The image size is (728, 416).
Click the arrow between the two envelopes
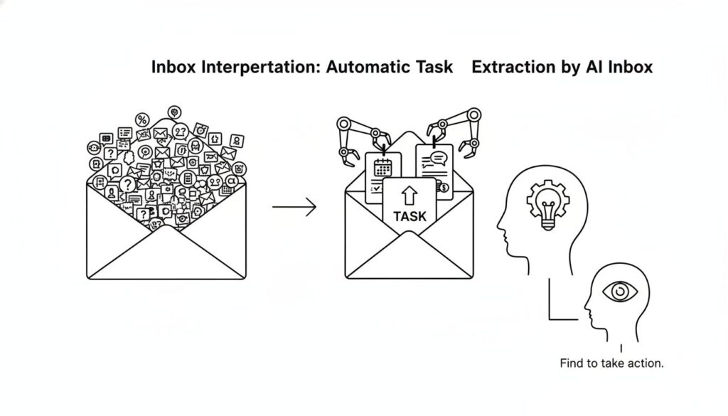tap(294, 208)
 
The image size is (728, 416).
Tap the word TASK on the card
tap(409, 216)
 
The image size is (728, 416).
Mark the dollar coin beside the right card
tap(446, 188)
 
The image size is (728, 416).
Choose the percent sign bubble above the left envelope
tap(143, 120)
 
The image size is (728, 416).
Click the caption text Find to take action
tap(611, 363)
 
